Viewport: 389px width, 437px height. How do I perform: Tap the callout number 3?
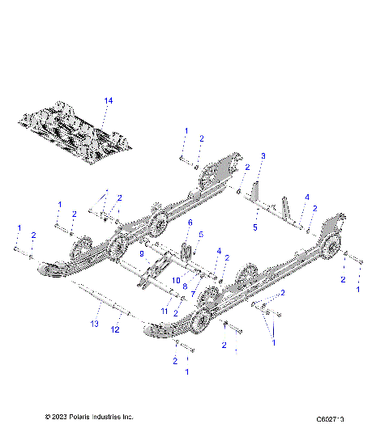[262, 155]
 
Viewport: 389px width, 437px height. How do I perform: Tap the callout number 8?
[185, 286]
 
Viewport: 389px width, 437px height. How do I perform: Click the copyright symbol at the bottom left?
[49, 418]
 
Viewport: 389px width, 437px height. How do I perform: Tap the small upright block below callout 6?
[186, 252]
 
